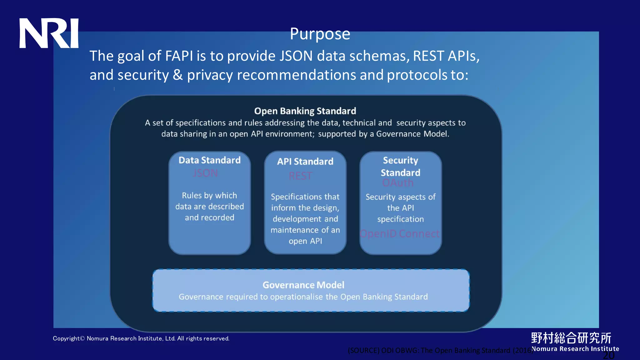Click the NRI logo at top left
pyautogui.click(x=49, y=33)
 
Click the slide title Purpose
pyautogui.click(x=320, y=34)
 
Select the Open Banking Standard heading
pyautogui.click(x=305, y=111)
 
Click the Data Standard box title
pyautogui.click(x=209, y=160)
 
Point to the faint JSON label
pyautogui.click(x=205, y=173)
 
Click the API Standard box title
pyautogui.click(x=305, y=162)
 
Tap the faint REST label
pyautogui.click(x=300, y=176)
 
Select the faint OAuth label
pyautogui.click(x=397, y=183)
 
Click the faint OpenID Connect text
pyautogui.click(x=399, y=234)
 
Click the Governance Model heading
pyautogui.click(x=303, y=285)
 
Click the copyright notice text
pyautogui.click(x=141, y=338)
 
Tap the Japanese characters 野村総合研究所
pyautogui.click(x=571, y=338)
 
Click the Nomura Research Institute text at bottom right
pyautogui.click(x=575, y=349)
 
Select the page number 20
pyautogui.click(x=608, y=355)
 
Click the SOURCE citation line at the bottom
pyautogui.click(x=440, y=351)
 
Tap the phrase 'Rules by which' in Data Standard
pyautogui.click(x=209, y=196)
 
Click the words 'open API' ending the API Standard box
pyautogui.click(x=305, y=241)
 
